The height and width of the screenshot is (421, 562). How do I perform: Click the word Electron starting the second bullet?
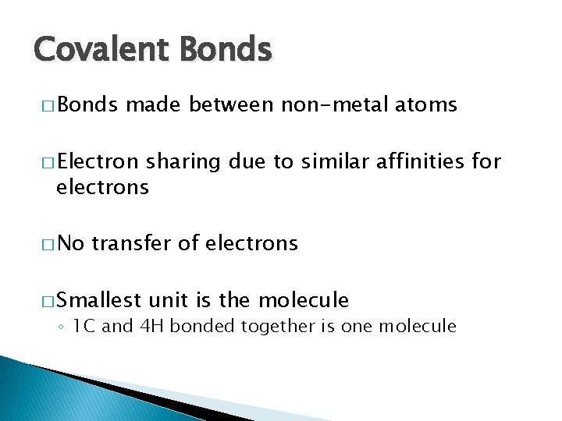98,162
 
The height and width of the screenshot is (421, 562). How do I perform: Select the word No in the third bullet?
70,243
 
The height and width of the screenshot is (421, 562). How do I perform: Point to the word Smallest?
98,299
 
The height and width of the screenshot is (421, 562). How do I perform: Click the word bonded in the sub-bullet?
196,326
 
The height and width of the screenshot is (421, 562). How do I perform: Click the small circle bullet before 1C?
62,327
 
